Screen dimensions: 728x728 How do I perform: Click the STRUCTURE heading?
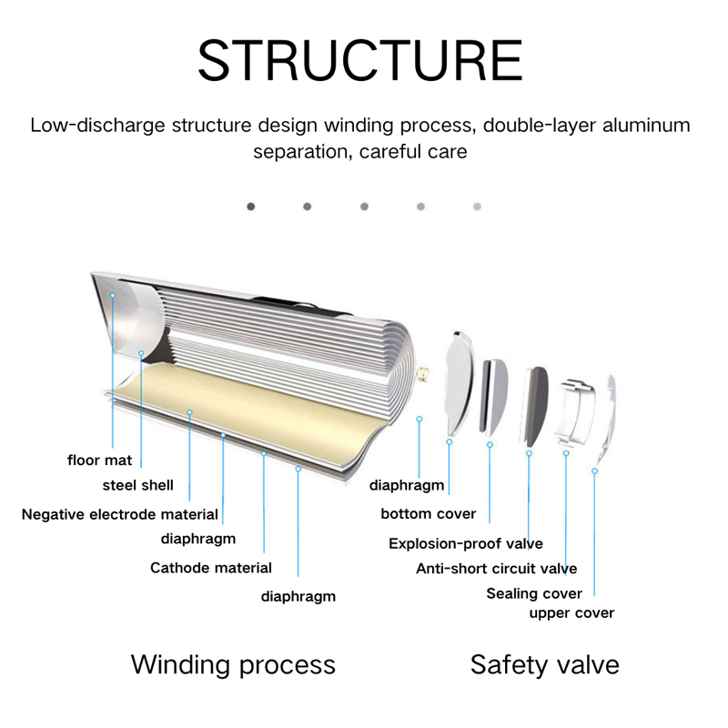[x=360, y=60]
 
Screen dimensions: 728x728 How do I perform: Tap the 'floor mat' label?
[x=99, y=460]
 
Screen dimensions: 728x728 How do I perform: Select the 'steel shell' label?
[x=137, y=485]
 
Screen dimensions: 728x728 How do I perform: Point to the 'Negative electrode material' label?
[x=120, y=514]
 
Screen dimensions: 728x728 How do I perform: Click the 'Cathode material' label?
[x=210, y=568]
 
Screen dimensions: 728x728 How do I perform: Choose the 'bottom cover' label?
[x=428, y=513]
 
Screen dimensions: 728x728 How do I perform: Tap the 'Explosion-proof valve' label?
[x=465, y=543]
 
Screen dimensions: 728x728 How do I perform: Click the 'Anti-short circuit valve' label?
[x=496, y=569]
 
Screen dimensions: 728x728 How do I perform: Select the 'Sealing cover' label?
[x=534, y=593]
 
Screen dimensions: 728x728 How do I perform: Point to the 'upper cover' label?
[x=571, y=612]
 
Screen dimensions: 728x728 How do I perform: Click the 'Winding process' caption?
[x=233, y=663]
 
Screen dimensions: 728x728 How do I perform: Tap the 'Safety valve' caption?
[x=544, y=663]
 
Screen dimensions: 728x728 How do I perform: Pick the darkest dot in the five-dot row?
[x=251, y=207]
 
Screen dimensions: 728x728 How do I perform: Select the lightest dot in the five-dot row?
[x=477, y=207]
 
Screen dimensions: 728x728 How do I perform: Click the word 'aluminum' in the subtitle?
[x=643, y=125]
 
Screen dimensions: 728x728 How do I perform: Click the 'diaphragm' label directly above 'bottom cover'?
[x=407, y=485]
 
